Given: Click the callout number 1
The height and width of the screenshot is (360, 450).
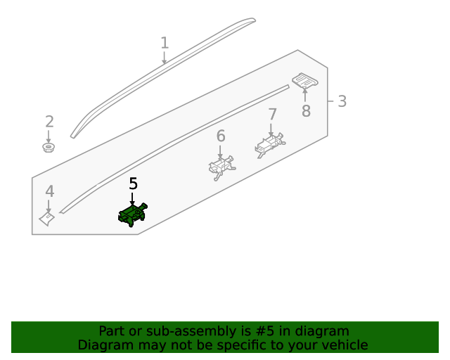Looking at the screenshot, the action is tap(165, 43).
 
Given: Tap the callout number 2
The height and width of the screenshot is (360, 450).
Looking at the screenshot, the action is tap(49, 122).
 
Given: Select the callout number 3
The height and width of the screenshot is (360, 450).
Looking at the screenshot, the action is tap(342, 101).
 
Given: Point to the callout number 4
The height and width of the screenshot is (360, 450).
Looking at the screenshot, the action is tap(50, 191).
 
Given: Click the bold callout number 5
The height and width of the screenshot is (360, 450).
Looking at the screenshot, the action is tap(134, 184).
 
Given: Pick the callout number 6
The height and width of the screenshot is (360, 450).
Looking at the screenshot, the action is tap(221, 136).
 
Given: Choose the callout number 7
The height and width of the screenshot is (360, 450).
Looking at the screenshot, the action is tap(272, 115).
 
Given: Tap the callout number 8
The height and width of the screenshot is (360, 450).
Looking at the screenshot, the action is tap(307, 111).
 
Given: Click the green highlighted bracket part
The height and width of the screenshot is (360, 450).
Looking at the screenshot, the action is tap(133, 214).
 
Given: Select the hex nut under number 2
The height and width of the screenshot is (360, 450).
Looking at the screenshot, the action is tap(49, 147).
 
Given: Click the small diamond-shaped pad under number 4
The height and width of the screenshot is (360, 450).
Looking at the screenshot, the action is tap(47, 219).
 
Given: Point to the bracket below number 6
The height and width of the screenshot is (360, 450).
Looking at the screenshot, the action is tap(221, 167).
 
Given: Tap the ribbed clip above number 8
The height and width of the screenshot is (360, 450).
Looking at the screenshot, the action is tap(305, 80).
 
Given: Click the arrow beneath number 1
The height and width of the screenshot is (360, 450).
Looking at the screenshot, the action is tap(164, 58).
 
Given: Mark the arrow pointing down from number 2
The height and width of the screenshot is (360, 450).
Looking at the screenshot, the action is tap(49, 136).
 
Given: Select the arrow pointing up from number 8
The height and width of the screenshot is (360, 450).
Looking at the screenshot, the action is tap(304, 95).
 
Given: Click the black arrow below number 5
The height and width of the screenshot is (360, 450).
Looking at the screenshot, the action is tap(132, 199).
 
